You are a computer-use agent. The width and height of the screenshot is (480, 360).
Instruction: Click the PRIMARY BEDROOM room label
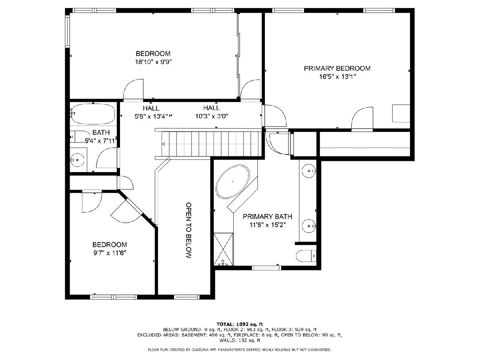(x=337, y=68)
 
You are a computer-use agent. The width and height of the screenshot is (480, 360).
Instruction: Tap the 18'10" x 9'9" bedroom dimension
(x=153, y=62)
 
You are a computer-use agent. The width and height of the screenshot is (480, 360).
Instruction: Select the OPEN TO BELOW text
(x=189, y=230)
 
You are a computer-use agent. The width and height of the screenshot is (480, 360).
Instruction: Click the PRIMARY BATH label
(x=268, y=217)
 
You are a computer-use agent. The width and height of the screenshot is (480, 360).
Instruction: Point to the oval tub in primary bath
(x=232, y=182)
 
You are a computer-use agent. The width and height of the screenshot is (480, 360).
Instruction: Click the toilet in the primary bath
(x=306, y=256)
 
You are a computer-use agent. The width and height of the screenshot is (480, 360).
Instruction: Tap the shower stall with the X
(x=223, y=249)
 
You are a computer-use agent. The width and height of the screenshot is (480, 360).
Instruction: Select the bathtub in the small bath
(x=93, y=114)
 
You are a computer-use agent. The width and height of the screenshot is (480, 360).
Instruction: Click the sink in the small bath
(x=77, y=160)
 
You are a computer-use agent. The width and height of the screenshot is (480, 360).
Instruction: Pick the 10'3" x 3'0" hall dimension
(x=212, y=116)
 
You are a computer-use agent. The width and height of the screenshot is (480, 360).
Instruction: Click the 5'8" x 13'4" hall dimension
(x=152, y=116)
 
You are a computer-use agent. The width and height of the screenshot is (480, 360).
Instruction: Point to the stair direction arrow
(x=164, y=144)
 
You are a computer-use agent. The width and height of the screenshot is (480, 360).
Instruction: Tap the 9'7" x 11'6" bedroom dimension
(x=110, y=253)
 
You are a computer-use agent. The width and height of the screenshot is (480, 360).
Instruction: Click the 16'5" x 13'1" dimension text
(x=337, y=77)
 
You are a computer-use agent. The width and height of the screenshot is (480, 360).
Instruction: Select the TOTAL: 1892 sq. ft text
(x=240, y=324)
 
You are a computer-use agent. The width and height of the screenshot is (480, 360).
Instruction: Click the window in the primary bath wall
(x=266, y=268)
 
